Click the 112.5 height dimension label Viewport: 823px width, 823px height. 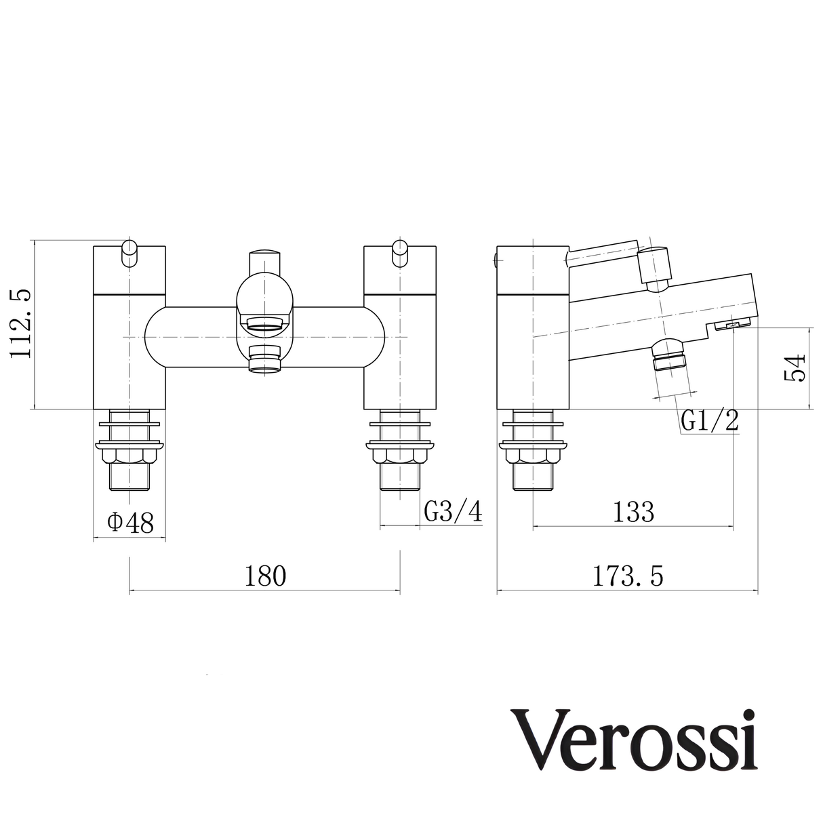pos(20,324)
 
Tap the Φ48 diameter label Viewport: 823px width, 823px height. pos(129,522)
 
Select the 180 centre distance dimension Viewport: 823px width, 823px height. pos(264,576)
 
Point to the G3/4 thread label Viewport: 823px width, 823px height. pos(453,512)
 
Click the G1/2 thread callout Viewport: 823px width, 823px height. pos(709,422)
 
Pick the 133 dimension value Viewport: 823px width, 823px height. pos(633,512)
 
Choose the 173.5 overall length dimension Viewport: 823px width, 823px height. pos(628,576)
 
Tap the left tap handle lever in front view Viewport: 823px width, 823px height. pos(129,252)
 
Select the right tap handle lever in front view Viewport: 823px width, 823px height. pos(401,252)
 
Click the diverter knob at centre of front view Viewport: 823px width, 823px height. pos(264,261)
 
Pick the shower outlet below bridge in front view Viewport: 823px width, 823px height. pos(264,359)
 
